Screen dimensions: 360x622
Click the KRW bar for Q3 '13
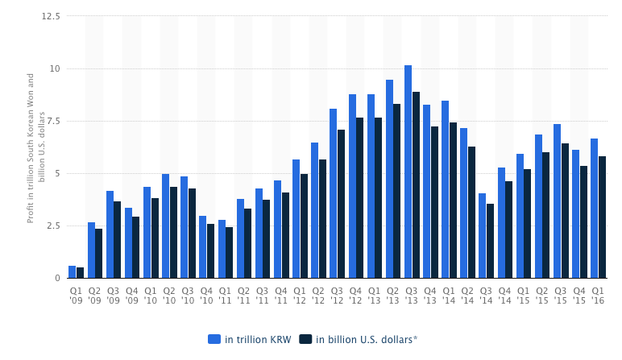[x=408, y=172]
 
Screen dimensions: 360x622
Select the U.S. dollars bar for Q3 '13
[x=416, y=185]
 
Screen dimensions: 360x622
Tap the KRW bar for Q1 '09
[x=73, y=272]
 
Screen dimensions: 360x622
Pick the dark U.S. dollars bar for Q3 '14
[x=490, y=241]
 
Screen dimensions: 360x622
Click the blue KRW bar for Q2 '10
[x=166, y=226]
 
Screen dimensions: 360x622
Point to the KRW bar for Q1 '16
[x=594, y=209]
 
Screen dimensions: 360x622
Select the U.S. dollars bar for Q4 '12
[x=360, y=198]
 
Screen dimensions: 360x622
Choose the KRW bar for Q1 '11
[x=222, y=249]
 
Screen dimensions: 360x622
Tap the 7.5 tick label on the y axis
[x=53, y=121]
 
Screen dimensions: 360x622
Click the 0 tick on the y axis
[x=57, y=278]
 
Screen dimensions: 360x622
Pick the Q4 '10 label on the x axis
[x=206, y=294]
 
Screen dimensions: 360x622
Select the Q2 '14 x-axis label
[x=467, y=294]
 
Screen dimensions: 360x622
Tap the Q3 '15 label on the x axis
[x=561, y=294]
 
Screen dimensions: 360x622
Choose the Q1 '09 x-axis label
[x=76, y=294]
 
